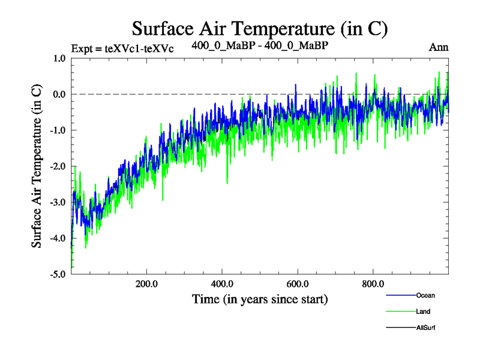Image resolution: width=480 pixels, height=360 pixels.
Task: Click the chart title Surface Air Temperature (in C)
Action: [x=260, y=28]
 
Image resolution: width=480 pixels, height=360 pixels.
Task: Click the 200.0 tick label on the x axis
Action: [x=147, y=284]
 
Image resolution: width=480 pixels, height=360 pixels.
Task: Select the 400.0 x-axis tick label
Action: [x=222, y=284]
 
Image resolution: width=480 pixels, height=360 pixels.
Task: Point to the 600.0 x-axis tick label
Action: [x=298, y=284]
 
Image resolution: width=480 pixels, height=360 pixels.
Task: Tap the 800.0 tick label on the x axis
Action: [x=373, y=284]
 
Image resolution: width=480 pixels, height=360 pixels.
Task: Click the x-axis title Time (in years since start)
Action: [x=260, y=298]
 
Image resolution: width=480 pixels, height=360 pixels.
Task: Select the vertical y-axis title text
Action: [x=37, y=167]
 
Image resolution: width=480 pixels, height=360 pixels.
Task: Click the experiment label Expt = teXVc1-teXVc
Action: [x=122, y=49]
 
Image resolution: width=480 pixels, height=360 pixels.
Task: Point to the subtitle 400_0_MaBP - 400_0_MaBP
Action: [x=260, y=45]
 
